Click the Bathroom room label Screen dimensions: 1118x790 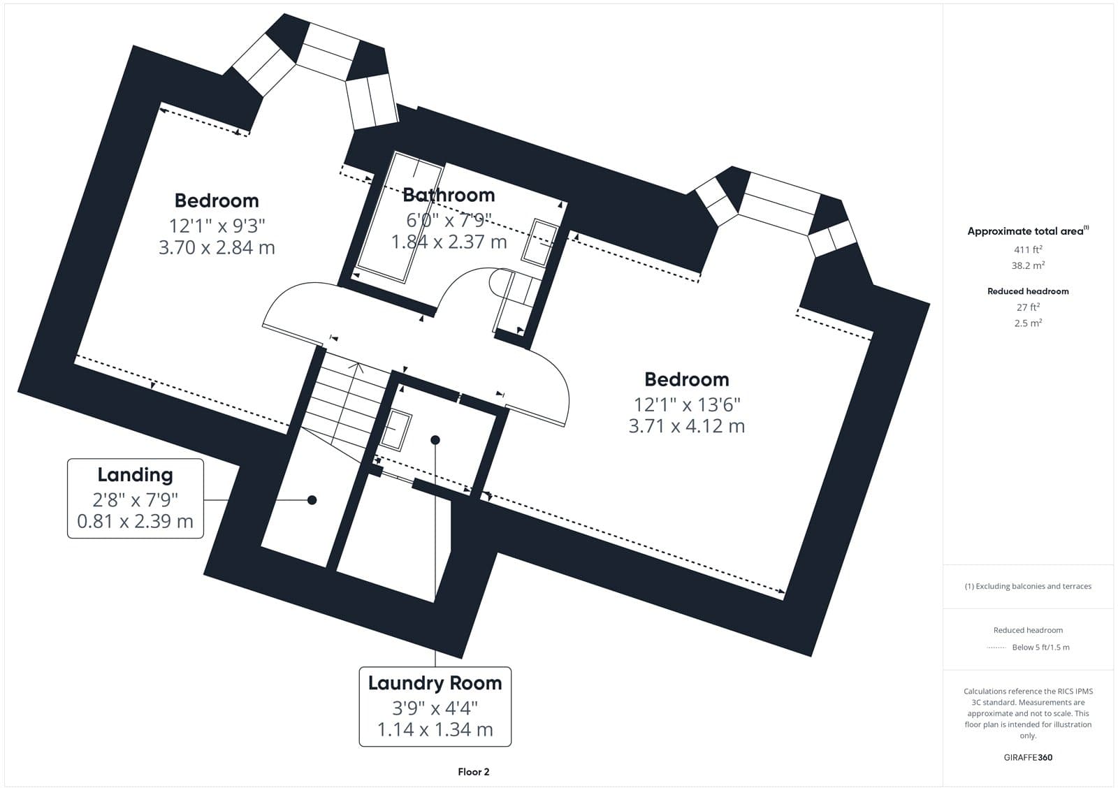coord(449,195)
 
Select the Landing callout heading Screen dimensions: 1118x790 coord(136,475)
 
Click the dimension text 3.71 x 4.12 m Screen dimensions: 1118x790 coord(687,426)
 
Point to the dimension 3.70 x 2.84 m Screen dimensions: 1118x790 coord(217,247)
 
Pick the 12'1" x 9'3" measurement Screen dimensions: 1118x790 coord(217,226)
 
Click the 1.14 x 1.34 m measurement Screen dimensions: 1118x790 coord(435,730)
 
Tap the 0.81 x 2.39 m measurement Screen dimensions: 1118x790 coord(136,521)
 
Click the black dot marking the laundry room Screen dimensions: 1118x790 coord(435,439)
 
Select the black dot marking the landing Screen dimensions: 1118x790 coord(312,499)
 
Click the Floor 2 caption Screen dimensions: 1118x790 coord(474,772)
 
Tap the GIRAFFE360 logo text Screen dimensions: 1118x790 coord(1028,757)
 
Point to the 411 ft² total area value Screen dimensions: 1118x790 coord(1028,249)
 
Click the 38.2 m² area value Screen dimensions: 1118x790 coord(1028,265)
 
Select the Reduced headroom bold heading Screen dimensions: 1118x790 coord(1028,291)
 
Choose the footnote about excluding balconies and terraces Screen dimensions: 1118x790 coord(1028,586)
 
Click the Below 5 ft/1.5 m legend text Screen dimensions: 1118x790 coord(1040,648)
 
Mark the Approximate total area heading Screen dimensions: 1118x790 coord(1028,231)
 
